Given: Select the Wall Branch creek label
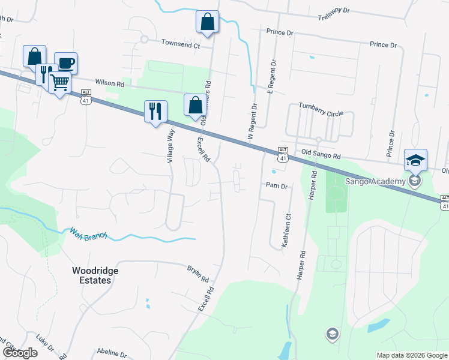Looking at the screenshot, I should (88, 233).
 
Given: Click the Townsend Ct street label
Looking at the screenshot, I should (181, 44).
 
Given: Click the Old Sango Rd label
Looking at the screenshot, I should (321, 155).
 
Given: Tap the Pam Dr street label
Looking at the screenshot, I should (277, 186).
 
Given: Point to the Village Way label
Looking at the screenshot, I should (170, 146).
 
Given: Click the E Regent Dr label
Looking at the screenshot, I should (271, 77).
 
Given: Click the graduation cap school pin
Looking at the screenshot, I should (415, 160).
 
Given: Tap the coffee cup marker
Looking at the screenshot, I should (65, 62).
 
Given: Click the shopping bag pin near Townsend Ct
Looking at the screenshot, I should (207, 22).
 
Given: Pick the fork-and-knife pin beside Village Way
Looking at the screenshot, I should (155, 110).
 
